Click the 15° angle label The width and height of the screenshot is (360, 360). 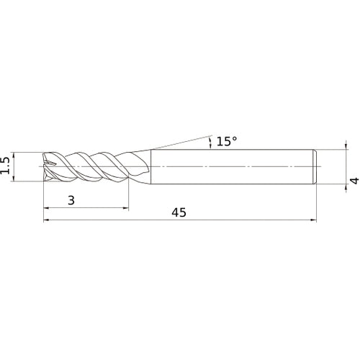click(227, 141)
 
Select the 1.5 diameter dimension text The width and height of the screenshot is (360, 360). click(5, 166)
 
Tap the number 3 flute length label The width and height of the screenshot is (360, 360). click(71, 200)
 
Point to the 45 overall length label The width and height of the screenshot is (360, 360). click(179, 212)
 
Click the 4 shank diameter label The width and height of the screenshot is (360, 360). click(354, 181)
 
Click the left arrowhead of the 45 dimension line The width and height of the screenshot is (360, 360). click(46, 220)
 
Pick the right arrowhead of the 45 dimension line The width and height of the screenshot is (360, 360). click(313, 220)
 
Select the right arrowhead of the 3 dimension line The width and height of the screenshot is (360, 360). click(126, 208)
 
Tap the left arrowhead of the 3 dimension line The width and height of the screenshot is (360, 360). click(46, 208)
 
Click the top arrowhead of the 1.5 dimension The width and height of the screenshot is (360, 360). click(14, 155)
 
